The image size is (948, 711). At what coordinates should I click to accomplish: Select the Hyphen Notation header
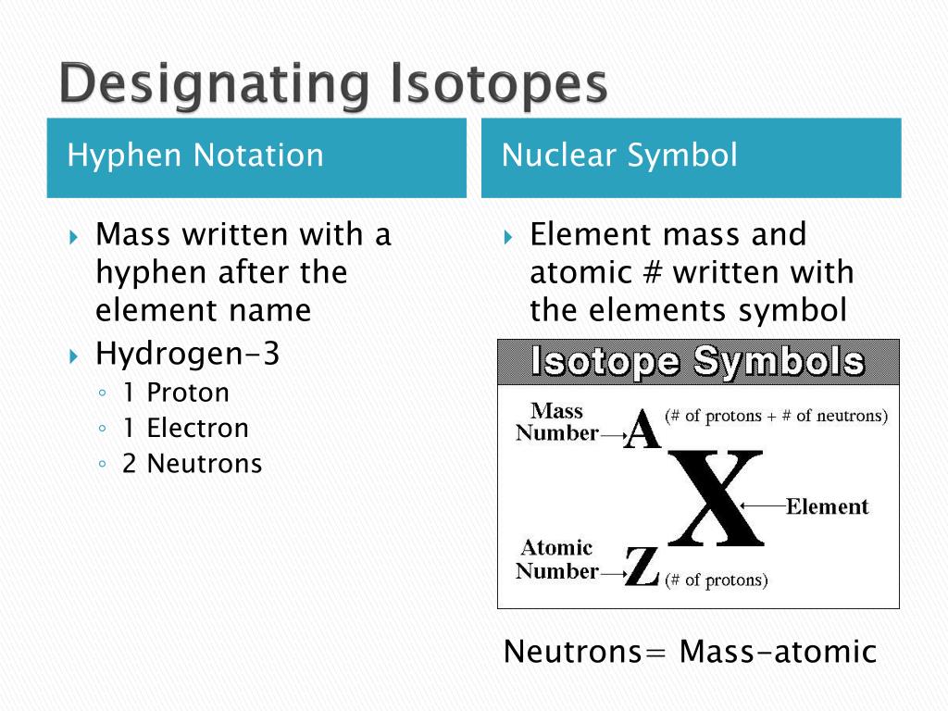coord(195,155)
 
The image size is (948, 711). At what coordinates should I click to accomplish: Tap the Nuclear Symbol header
coord(619,155)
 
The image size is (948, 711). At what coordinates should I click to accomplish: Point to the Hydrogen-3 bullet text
coord(187,354)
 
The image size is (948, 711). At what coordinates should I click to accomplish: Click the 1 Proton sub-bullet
coord(175,393)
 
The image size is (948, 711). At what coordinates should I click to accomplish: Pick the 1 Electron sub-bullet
coord(185,428)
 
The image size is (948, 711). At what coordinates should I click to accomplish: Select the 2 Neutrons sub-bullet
coord(192,463)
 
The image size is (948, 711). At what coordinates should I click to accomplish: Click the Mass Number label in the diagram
coord(556,422)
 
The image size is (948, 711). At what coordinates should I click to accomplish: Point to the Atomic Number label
coord(556,559)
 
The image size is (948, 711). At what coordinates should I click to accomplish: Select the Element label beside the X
coord(827,506)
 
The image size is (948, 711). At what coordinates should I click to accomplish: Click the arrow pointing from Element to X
coord(763,505)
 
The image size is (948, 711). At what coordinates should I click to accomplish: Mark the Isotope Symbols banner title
coord(698,362)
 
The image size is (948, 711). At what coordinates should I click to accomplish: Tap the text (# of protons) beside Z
coord(717,580)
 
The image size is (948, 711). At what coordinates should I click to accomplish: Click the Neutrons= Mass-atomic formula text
coord(690,652)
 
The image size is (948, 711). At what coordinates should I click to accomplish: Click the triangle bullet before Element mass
coord(508,236)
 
